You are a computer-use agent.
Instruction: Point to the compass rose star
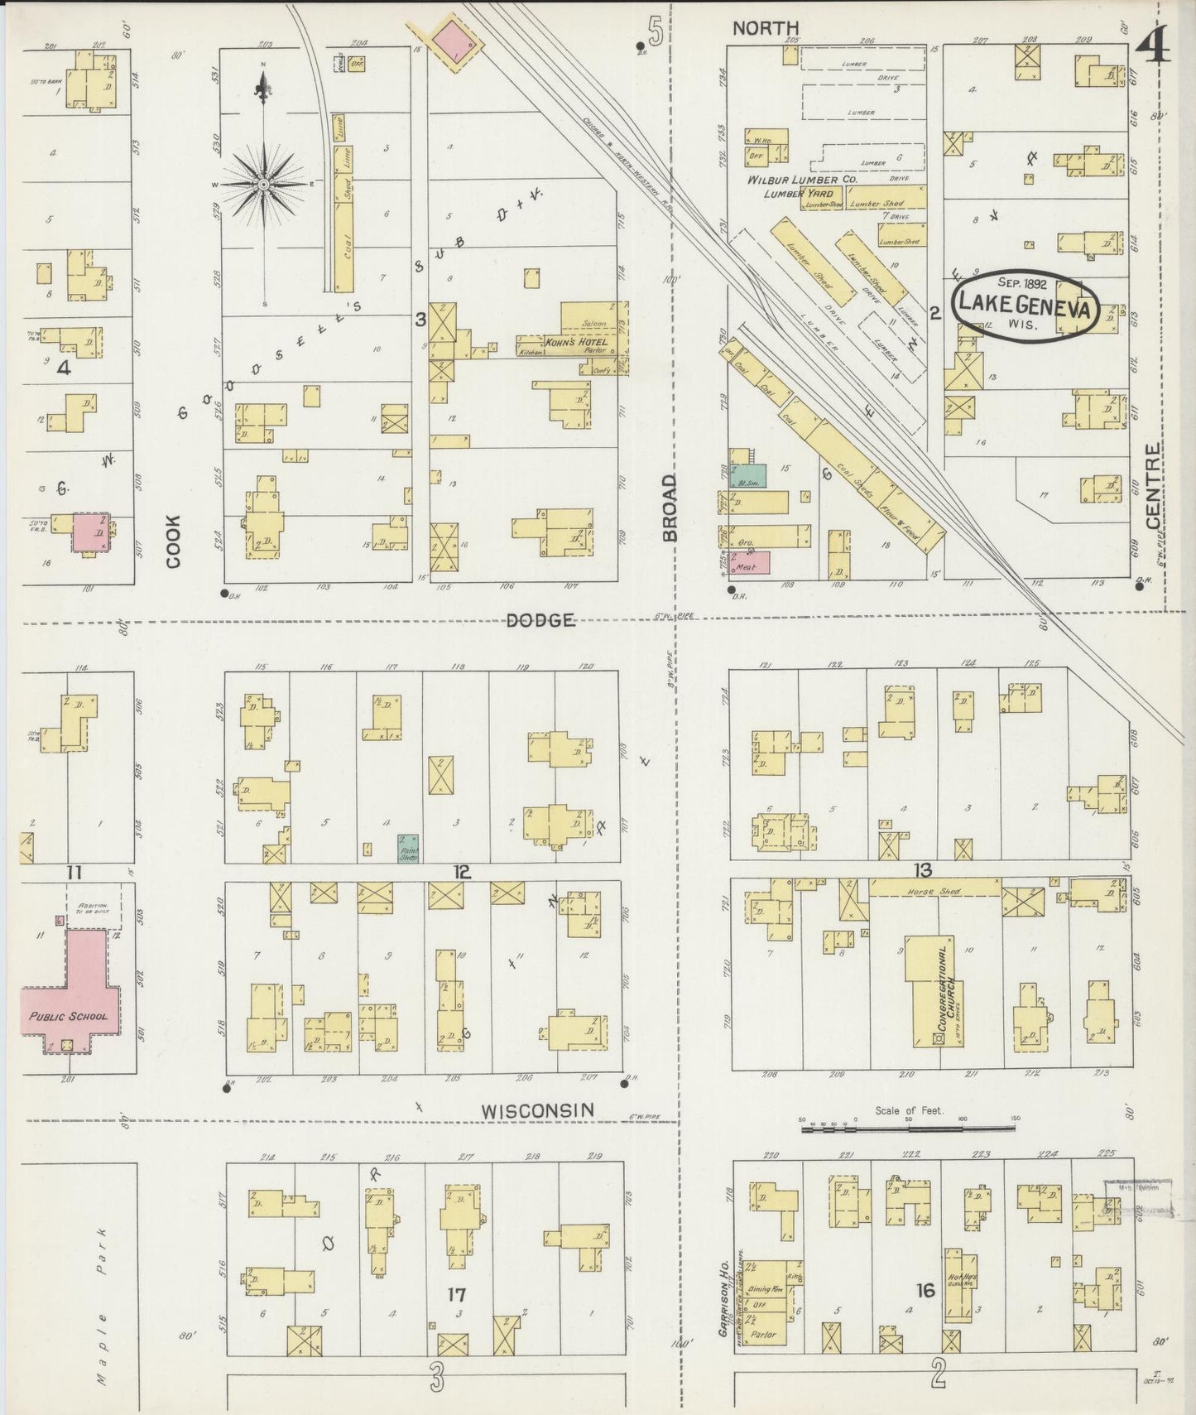[x=263, y=183]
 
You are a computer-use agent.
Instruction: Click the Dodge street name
[x=540, y=619]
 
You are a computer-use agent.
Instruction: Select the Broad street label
[x=669, y=507]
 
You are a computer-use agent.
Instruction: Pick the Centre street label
[x=1153, y=486]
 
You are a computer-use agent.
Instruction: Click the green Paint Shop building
[x=408, y=848]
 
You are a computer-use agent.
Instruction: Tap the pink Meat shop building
[x=752, y=562]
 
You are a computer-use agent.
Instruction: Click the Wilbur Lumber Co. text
[x=801, y=179]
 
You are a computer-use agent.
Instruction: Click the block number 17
[x=456, y=1294]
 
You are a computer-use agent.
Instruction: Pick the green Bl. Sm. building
[x=747, y=475]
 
